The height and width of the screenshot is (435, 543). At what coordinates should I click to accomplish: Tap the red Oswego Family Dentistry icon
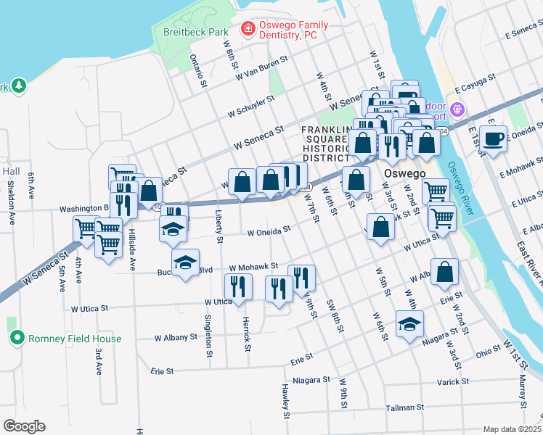pyautogui.click(x=248, y=29)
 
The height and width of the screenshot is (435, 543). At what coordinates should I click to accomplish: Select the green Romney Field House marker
pyautogui.click(x=17, y=338)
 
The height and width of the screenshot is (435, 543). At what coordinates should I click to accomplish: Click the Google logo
pyautogui.click(x=23, y=426)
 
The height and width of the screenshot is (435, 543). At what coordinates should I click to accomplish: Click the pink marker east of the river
pyautogui.click(x=457, y=109)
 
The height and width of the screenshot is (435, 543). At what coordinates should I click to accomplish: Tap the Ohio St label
pyautogui.click(x=488, y=351)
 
